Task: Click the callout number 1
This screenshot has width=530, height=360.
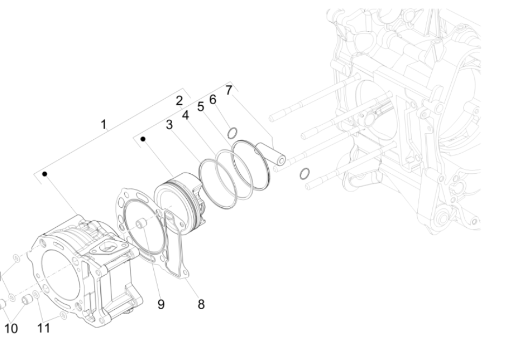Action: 103,125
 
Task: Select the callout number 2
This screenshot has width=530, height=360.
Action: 179,100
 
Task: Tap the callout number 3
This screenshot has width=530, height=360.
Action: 169,125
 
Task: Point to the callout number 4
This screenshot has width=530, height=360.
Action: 185,115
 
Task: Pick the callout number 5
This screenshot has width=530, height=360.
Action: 201,107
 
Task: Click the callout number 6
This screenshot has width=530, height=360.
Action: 213,99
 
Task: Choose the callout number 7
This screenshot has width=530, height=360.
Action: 228,90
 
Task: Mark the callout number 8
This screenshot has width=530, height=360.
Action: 201,304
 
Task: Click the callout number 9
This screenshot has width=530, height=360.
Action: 161,304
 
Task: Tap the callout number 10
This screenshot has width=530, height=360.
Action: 11,328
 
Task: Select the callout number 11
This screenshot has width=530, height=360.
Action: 44,328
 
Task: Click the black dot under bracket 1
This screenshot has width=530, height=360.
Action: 45,174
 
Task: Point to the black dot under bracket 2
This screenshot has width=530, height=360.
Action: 143,139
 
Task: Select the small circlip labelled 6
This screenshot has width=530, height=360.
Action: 232,132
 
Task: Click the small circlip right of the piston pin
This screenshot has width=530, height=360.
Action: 304,173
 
